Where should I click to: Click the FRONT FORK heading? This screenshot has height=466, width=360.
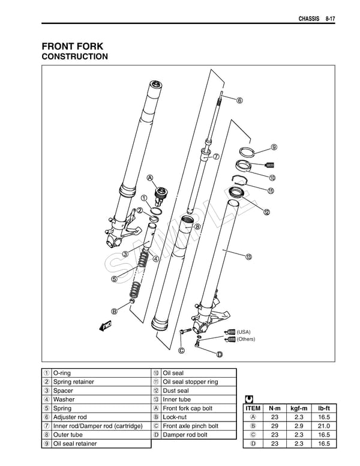coord(73,46)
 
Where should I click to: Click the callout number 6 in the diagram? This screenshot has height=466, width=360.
coord(239,100)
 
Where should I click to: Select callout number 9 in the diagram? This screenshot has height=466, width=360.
coord(274,147)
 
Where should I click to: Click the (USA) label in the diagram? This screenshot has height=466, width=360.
coord(244,331)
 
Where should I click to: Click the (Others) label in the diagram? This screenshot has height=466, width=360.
coord(246,339)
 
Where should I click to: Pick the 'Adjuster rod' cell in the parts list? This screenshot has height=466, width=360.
coord(70,417)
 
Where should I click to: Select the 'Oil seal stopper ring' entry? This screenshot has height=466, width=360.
coord(190,381)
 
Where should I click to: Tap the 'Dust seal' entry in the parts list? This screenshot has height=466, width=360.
coord(175,390)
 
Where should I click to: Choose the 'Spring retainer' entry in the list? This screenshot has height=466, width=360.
coord(73,381)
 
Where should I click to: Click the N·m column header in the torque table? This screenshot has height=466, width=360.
coord(274,408)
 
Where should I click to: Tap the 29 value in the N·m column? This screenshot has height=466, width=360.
coord(274,426)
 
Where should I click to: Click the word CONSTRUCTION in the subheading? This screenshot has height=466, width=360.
coord(74,57)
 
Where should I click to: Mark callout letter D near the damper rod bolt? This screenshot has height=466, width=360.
coord(220,354)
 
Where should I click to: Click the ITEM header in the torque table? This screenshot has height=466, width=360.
coord(253,408)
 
